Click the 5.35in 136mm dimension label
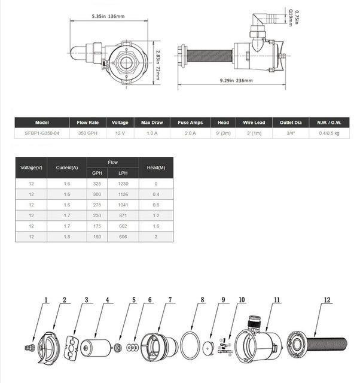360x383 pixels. click(x=108, y=16)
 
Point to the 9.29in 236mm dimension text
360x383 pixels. click(x=236, y=80)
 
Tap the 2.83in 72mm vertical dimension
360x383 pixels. click(x=158, y=65)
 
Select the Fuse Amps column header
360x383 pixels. click(x=190, y=123)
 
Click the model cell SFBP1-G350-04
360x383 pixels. click(x=42, y=133)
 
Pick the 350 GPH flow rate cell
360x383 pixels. click(x=88, y=133)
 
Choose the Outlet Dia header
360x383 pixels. click(x=291, y=123)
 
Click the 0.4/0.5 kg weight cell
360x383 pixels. click(x=329, y=133)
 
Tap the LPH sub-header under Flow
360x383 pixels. click(x=123, y=173)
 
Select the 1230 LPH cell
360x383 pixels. click(x=123, y=184)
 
